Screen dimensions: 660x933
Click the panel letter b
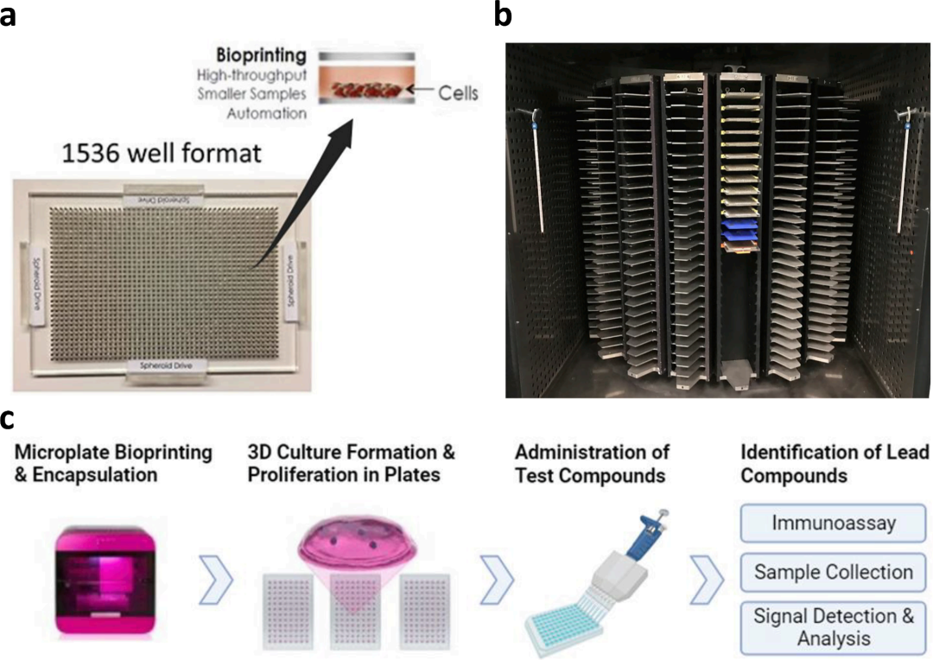(x=505, y=16)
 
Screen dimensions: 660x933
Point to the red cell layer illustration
(x=364, y=88)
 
